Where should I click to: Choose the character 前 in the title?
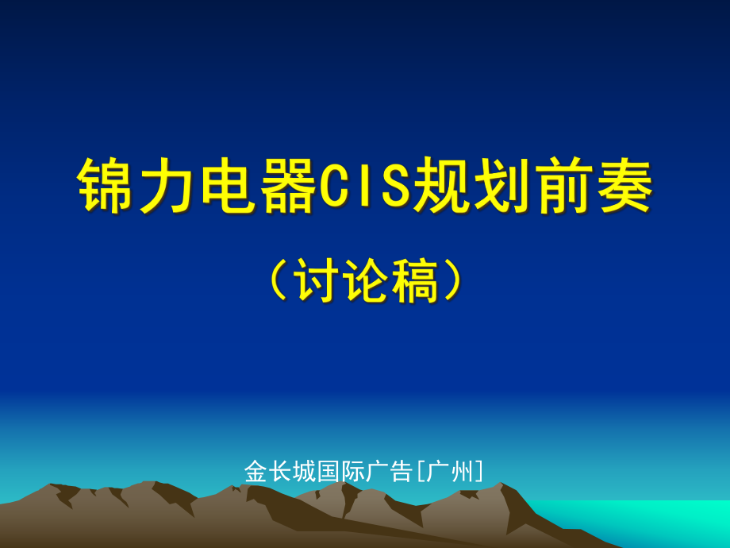563,185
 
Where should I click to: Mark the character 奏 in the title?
624,185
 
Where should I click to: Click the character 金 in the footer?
255,472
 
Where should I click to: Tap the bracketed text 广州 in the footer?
450,472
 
